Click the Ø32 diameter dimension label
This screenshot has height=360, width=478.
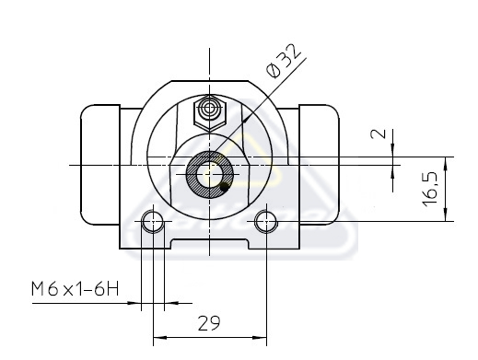(283, 61)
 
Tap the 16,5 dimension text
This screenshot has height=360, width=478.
(430, 189)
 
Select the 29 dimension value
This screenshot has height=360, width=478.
(209, 323)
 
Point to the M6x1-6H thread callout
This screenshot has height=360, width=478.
(75, 289)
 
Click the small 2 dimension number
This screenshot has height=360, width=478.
(379, 134)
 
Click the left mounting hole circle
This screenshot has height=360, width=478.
(153, 222)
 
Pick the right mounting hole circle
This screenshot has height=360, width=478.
(266, 222)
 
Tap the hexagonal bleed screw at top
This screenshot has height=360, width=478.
(210, 113)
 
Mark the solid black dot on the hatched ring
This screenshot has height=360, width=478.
(225, 187)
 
